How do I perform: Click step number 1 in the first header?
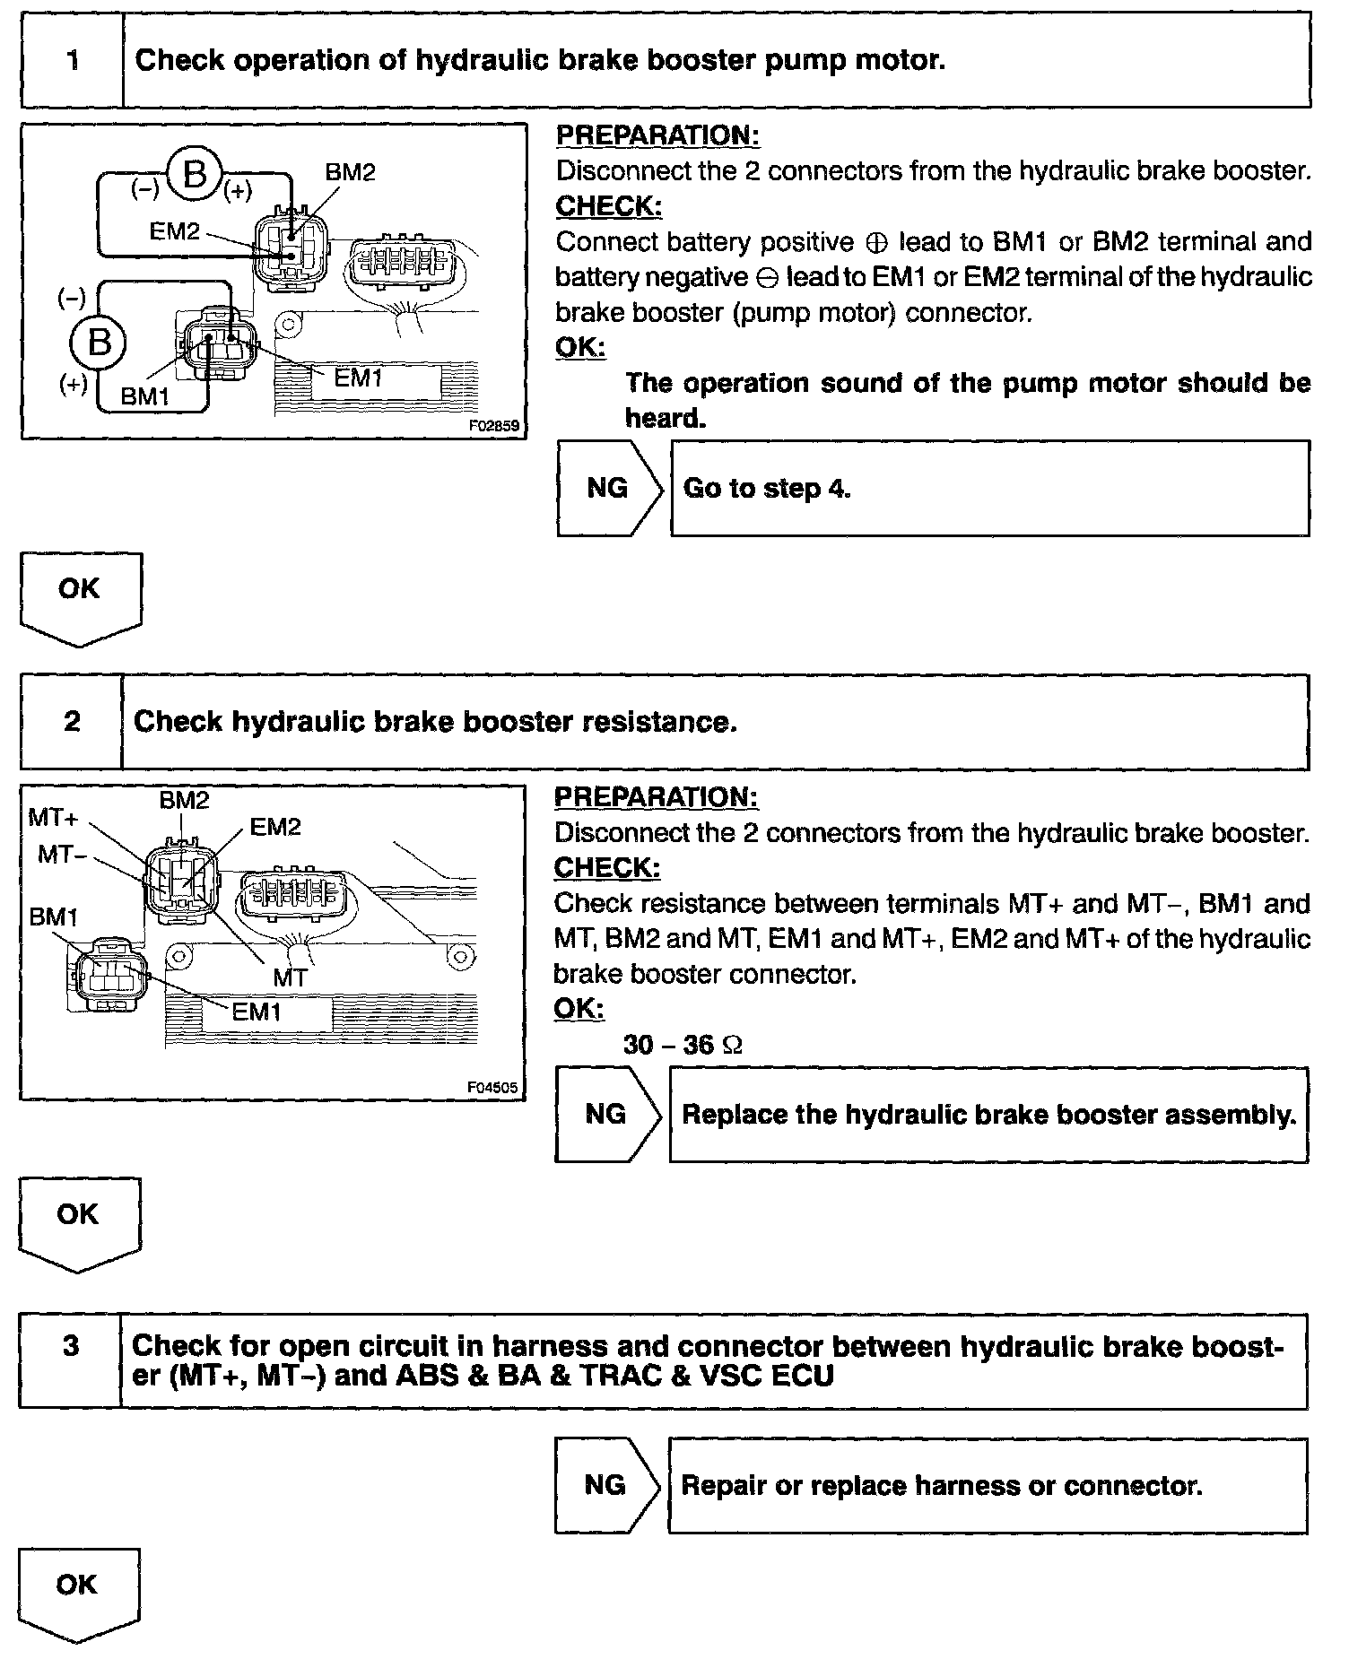pos(73,61)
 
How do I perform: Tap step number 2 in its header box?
pos(72,722)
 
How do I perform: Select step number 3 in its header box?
pos(71,1347)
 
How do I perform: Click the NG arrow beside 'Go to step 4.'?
pos(609,488)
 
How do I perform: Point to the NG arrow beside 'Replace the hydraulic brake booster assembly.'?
pos(607,1114)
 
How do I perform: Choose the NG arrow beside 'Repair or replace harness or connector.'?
pos(606,1485)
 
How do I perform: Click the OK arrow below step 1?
pos(80,595)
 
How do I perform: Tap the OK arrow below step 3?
pos(77,1592)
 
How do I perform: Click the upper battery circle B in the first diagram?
pos(194,174)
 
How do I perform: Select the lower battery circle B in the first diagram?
pos(99,343)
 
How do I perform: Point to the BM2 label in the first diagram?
pos(350,172)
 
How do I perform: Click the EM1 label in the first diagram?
pos(358,378)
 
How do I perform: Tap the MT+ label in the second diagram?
pos(54,817)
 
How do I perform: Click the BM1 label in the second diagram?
pos(54,917)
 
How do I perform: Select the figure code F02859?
pos(493,426)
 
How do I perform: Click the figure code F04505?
pos(492,1088)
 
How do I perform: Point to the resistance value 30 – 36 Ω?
pos(683,1045)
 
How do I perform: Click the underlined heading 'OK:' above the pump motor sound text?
pos(580,347)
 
